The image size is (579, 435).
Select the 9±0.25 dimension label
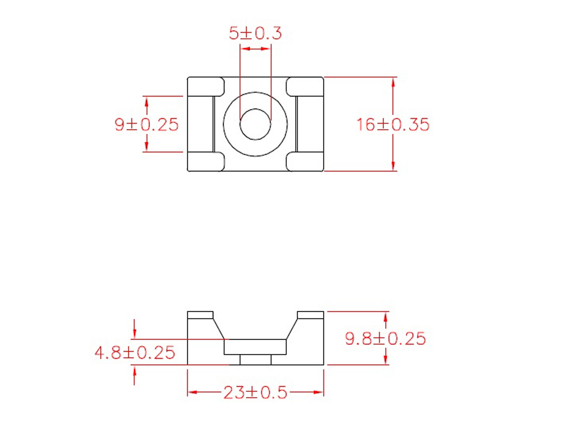[147, 125]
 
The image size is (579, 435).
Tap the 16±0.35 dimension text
[393, 125]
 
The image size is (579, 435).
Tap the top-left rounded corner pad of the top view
[206, 87]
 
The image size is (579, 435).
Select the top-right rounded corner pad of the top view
[305, 87]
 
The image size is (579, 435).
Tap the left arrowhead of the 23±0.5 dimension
[192, 393]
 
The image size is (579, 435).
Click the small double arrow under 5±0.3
[255, 49]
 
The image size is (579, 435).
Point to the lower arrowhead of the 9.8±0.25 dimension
[385, 359]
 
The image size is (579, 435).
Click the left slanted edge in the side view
[219, 329]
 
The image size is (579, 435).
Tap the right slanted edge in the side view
[292, 329]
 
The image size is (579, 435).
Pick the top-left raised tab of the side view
[200, 315]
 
